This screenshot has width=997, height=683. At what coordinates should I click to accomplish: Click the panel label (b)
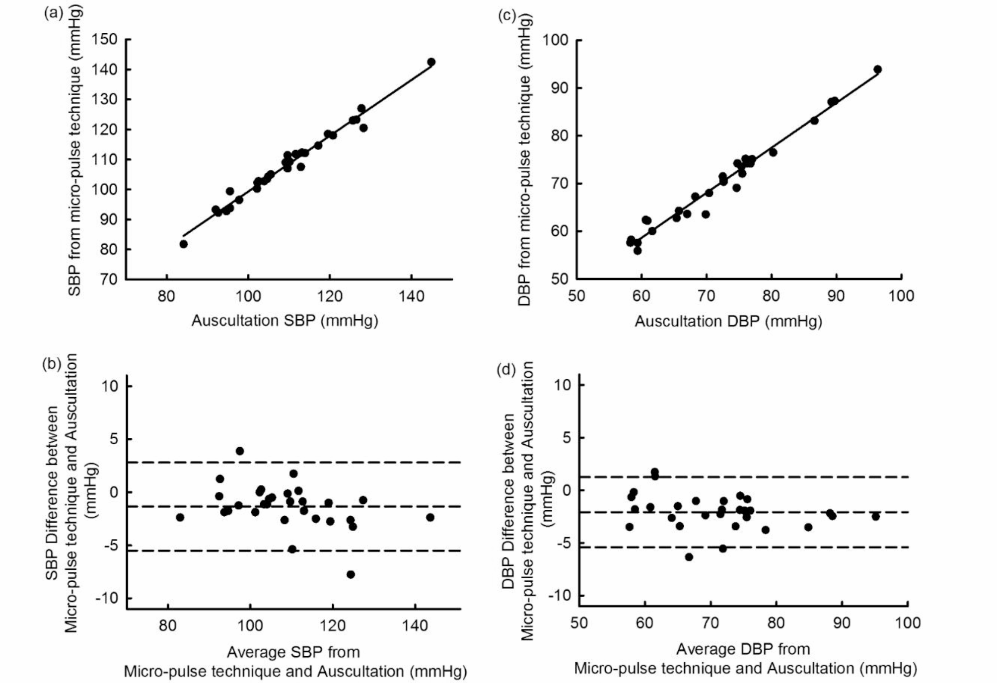[x=52, y=364]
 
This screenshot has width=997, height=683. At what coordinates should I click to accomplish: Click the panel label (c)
[x=506, y=15]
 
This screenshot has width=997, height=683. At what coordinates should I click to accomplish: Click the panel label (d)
[x=506, y=370]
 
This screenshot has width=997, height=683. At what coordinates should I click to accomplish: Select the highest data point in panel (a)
[x=431, y=62]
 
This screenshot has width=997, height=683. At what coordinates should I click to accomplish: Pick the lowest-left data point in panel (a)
[x=183, y=244]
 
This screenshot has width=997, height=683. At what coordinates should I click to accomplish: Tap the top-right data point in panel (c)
[x=877, y=69]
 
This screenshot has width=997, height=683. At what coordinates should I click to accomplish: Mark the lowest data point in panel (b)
[x=351, y=574]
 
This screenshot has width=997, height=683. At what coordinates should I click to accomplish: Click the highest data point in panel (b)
[x=240, y=451]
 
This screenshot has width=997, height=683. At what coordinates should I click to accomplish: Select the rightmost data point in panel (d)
[x=875, y=517]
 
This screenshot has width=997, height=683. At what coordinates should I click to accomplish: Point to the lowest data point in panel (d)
[x=689, y=557]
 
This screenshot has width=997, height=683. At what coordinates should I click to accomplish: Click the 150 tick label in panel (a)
[x=105, y=39]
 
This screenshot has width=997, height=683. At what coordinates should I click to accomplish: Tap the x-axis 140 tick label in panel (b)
[x=415, y=625]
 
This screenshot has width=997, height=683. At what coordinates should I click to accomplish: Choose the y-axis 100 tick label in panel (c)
[x=555, y=40]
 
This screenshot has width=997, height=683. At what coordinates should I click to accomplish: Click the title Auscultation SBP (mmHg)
[x=285, y=321]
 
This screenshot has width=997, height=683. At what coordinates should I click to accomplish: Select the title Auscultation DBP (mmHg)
[x=728, y=322]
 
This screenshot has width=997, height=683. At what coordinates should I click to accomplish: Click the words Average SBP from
[x=293, y=652]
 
